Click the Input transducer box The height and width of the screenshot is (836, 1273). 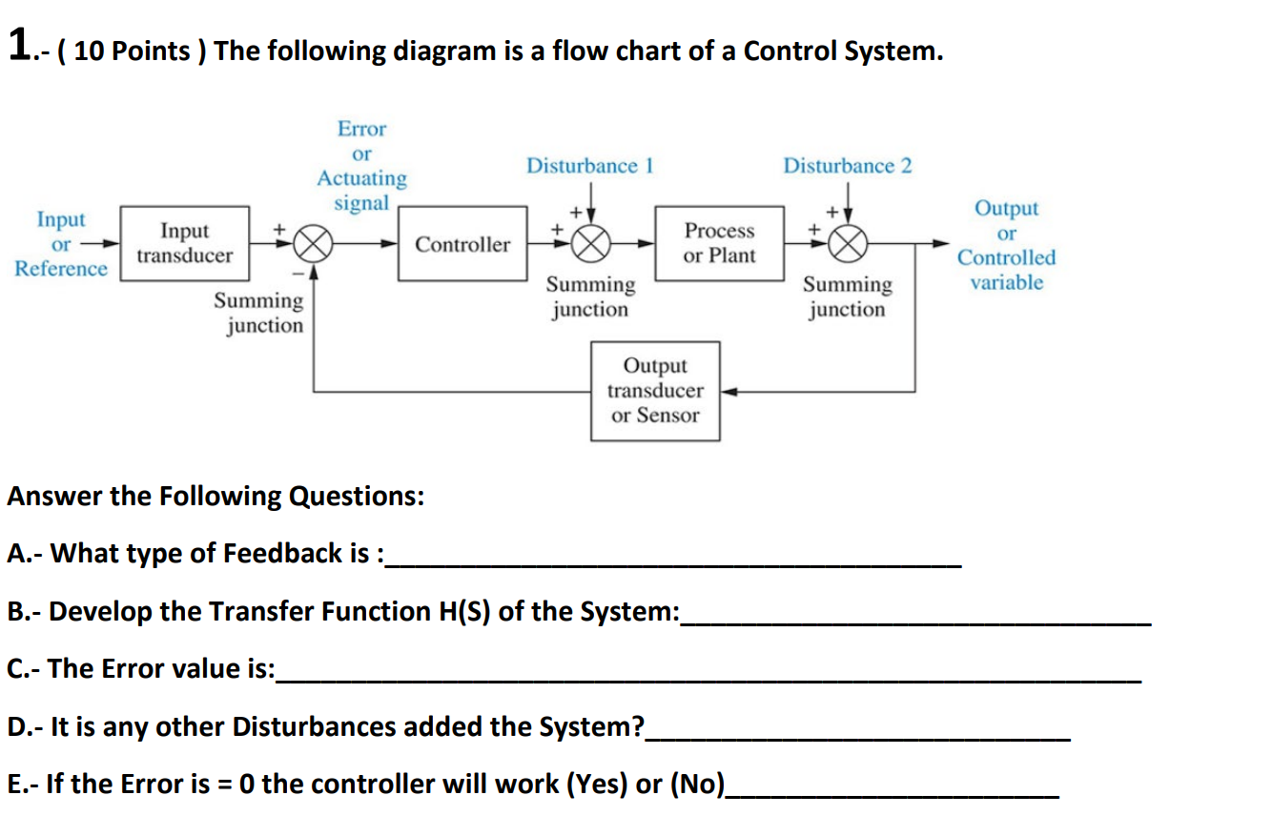(184, 243)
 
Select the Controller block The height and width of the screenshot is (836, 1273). (462, 244)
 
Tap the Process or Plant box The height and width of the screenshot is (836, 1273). (719, 243)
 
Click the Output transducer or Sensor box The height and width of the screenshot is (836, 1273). (655, 391)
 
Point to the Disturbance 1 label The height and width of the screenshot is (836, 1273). (589, 166)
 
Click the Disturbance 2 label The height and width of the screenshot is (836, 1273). (847, 166)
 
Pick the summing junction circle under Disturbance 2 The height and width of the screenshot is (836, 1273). (847, 244)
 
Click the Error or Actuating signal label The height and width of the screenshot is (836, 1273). (361, 166)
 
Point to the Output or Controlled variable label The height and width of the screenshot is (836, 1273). (1007, 245)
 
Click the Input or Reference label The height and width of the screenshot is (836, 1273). (61, 244)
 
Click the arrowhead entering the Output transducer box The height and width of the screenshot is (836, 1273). (728, 391)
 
